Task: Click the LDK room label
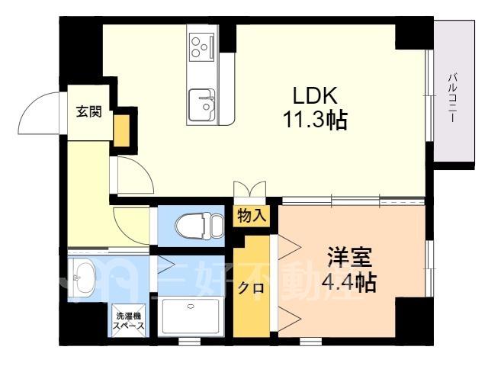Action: pyautogui.click(x=315, y=95)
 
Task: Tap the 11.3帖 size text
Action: pyautogui.click(x=315, y=120)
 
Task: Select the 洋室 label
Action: pyautogui.click(x=350, y=257)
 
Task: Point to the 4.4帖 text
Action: pyautogui.click(x=349, y=282)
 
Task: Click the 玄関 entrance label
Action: pyautogui.click(x=89, y=112)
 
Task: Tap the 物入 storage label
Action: pyautogui.click(x=252, y=216)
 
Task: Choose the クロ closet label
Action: pyautogui.click(x=251, y=288)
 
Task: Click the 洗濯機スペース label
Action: pyautogui.click(x=129, y=321)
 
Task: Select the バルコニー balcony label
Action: pyautogui.click(x=452, y=98)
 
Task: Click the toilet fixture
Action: pyautogui.click(x=200, y=226)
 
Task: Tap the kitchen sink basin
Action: pyautogui.click(x=201, y=105)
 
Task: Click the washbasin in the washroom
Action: pyautogui.click(x=82, y=277)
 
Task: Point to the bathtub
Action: pyautogui.click(x=191, y=317)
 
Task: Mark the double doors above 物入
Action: pyautogui.click(x=250, y=189)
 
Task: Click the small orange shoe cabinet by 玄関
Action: pyautogui.click(x=122, y=130)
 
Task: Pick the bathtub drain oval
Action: pyautogui.click(x=191, y=307)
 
